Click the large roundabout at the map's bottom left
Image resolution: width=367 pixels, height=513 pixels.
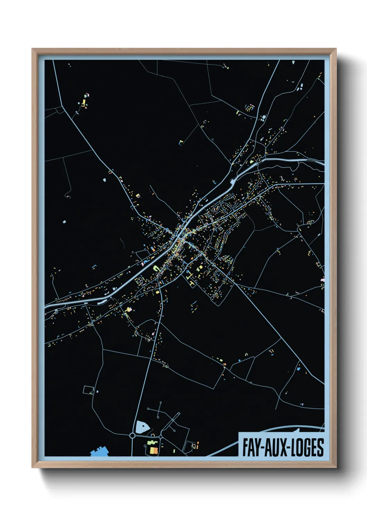[x=132, y=435]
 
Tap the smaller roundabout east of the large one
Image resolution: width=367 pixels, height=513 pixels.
[x=161, y=436]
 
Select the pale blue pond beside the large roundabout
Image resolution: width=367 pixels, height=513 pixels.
[x=142, y=427]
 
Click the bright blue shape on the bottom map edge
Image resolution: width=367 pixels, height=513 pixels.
[x=99, y=451]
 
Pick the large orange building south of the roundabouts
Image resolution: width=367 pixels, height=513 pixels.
[x=154, y=450]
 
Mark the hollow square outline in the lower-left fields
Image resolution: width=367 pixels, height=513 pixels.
[x=88, y=390]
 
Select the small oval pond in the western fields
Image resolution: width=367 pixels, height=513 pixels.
[x=105, y=180]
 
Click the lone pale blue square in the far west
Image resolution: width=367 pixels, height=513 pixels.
[x=64, y=221]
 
